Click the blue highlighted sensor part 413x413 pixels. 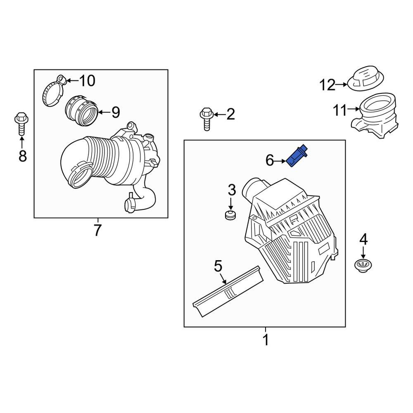[298, 157]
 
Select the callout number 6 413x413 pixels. [270, 160]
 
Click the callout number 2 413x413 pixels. [230, 114]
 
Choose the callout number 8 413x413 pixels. [22, 156]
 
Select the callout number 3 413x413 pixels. [232, 190]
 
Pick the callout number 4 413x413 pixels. [363, 239]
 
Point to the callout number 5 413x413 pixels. [218, 266]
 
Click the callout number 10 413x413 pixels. [87, 81]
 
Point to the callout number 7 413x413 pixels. [97, 230]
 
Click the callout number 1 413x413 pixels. [266, 340]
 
